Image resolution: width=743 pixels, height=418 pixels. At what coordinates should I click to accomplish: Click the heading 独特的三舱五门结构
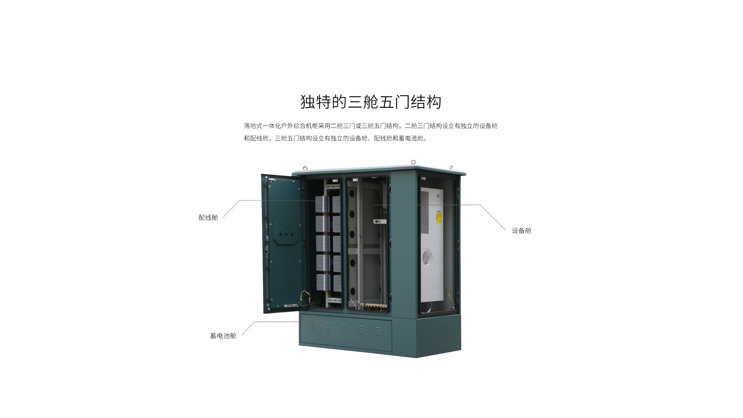point(371,102)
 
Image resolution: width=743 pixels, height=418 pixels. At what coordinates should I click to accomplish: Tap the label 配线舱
point(208,218)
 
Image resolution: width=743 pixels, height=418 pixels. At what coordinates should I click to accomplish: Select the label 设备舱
point(522,231)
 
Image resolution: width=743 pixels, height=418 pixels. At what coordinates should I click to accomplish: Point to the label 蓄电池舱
point(223,336)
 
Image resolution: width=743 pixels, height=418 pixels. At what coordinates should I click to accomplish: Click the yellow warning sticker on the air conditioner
point(439,218)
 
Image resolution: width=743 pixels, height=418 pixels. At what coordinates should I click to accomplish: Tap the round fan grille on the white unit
point(426,256)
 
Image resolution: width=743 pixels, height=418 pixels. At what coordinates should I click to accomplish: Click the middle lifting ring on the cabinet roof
point(413,162)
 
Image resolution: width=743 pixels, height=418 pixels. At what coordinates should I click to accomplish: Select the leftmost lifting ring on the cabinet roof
point(305,168)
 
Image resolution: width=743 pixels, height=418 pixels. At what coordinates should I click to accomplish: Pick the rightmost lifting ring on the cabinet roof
point(451,168)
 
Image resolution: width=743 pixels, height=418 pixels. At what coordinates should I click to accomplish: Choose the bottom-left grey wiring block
point(323,283)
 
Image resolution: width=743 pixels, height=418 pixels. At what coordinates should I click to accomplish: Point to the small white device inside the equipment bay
point(380,222)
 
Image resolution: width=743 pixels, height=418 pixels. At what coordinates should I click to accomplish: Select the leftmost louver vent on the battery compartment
point(312,326)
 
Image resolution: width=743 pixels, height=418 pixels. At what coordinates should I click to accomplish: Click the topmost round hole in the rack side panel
point(352,194)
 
